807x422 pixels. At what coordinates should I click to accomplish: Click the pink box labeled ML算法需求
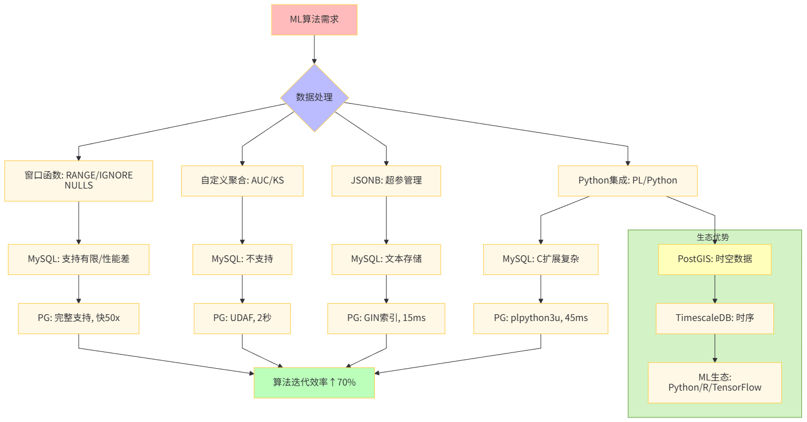pos(314,20)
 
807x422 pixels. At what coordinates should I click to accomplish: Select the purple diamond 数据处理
pos(314,98)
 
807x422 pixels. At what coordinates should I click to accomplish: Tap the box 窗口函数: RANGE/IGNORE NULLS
pos(79,181)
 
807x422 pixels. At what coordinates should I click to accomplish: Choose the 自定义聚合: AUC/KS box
pos(242,181)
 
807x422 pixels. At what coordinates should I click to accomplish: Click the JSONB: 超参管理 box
pos(386,181)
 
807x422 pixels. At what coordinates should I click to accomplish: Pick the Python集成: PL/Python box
pos(627,181)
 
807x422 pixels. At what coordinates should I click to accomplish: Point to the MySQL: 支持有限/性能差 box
pos(79,259)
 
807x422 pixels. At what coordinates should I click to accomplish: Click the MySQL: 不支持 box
pos(242,259)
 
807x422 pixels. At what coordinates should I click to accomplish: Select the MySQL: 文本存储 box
pos(386,259)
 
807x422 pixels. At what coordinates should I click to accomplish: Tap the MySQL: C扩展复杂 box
pos(540,259)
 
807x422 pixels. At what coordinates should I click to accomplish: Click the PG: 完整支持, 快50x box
pos(79,318)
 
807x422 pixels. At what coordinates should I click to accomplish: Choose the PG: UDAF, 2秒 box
pos(242,318)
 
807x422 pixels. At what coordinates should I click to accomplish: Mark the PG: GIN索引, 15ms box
pos(386,318)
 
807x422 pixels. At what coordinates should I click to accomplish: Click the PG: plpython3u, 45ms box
pos(540,318)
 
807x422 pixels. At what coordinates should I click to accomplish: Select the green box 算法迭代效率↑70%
pos(314,383)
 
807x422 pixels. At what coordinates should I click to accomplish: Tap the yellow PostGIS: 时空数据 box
pos(714,259)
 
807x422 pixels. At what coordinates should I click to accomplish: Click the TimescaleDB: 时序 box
pos(714,318)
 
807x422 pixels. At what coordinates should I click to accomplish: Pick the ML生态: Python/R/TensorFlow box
pos(714,383)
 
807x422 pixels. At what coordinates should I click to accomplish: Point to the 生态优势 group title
pos(713,237)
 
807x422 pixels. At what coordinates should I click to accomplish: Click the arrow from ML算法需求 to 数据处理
pos(314,49)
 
